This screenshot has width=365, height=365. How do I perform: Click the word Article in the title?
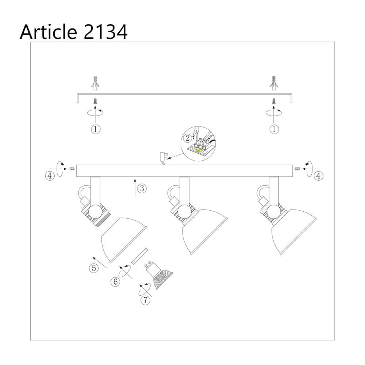tap(49, 32)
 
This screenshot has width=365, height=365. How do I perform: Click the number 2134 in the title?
tap(105, 32)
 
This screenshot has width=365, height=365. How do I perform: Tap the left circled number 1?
tap(95, 129)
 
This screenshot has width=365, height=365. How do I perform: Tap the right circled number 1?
tap(274, 129)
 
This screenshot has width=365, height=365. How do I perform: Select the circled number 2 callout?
tap(188, 138)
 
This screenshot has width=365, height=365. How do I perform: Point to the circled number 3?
tap(142, 188)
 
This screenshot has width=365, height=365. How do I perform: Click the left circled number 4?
tap(50, 176)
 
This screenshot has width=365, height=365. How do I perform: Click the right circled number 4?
tap(318, 176)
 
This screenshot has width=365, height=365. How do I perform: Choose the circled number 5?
tap(94, 268)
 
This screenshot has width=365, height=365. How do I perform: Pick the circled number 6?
tap(115, 282)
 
